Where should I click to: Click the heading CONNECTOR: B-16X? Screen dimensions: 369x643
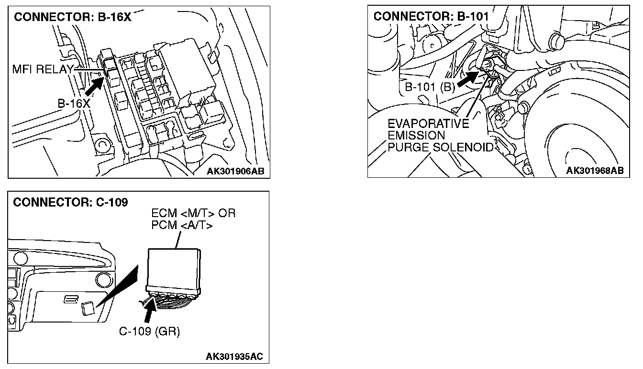coord(72,18)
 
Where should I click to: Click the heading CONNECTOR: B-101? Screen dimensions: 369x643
coord(431,17)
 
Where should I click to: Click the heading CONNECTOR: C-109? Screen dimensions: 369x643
coord(70,202)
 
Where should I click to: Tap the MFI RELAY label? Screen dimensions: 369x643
coord(42,70)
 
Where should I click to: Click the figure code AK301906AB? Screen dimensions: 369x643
coord(235,171)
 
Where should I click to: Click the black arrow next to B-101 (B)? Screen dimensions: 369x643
coord(468,78)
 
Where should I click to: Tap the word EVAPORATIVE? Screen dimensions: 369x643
coord(429,124)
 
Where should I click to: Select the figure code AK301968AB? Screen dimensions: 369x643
coord(595,171)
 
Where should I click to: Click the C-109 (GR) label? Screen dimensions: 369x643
coord(149,331)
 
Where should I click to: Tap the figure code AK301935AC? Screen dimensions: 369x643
coord(234,357)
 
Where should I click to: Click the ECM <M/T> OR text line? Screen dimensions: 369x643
coord(193,213)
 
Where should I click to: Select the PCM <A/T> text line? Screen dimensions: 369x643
coord(182,225)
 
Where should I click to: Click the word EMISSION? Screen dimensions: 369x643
coord(416,136)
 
